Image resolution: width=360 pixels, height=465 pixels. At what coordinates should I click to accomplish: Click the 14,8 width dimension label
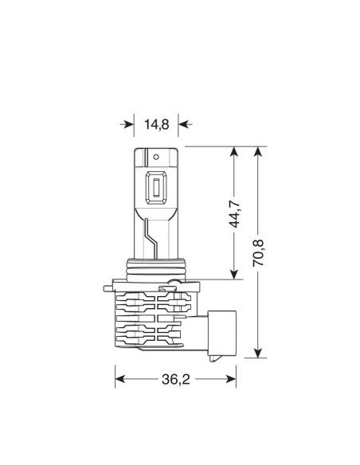(x=157, y=124)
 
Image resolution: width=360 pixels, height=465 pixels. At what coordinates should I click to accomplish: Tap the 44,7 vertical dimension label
(x=235, y=213)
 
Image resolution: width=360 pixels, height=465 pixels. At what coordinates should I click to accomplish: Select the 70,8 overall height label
(x=258, y=252)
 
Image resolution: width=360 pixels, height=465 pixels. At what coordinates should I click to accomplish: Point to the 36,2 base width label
(x=175, y=379)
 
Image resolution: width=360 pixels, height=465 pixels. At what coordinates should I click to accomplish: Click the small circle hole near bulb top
(x=156, y=157)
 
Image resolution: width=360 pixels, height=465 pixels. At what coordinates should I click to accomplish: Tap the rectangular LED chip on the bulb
(x=156, y=188)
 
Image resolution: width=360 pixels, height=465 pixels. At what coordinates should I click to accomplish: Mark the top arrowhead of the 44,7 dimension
(x=234, y=152)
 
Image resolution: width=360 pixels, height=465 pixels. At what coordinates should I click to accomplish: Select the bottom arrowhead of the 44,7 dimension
(x=234, y=274)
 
